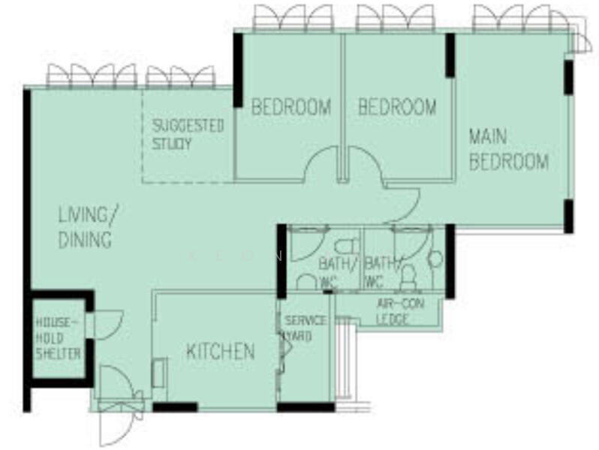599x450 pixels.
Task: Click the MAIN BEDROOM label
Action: click(x=508, y=149)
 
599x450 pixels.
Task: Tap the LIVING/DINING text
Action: click(x=87, y=227)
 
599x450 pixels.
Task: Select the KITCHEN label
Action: click(x=220, y=351)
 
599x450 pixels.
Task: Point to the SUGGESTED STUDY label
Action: click(x=188, y=134)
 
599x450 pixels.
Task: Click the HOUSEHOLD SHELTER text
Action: click(x=58, y=338)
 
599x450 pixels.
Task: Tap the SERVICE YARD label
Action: click(x=304, y=328)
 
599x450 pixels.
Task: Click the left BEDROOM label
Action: click(x=290, y=107)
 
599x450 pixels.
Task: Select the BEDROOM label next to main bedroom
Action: click(x=396, y=107)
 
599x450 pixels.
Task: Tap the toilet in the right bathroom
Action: click(x=408, y=278)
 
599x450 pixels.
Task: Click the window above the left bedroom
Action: click(x=293, y=19)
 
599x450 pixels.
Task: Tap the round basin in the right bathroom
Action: click(x=435, y=259)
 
